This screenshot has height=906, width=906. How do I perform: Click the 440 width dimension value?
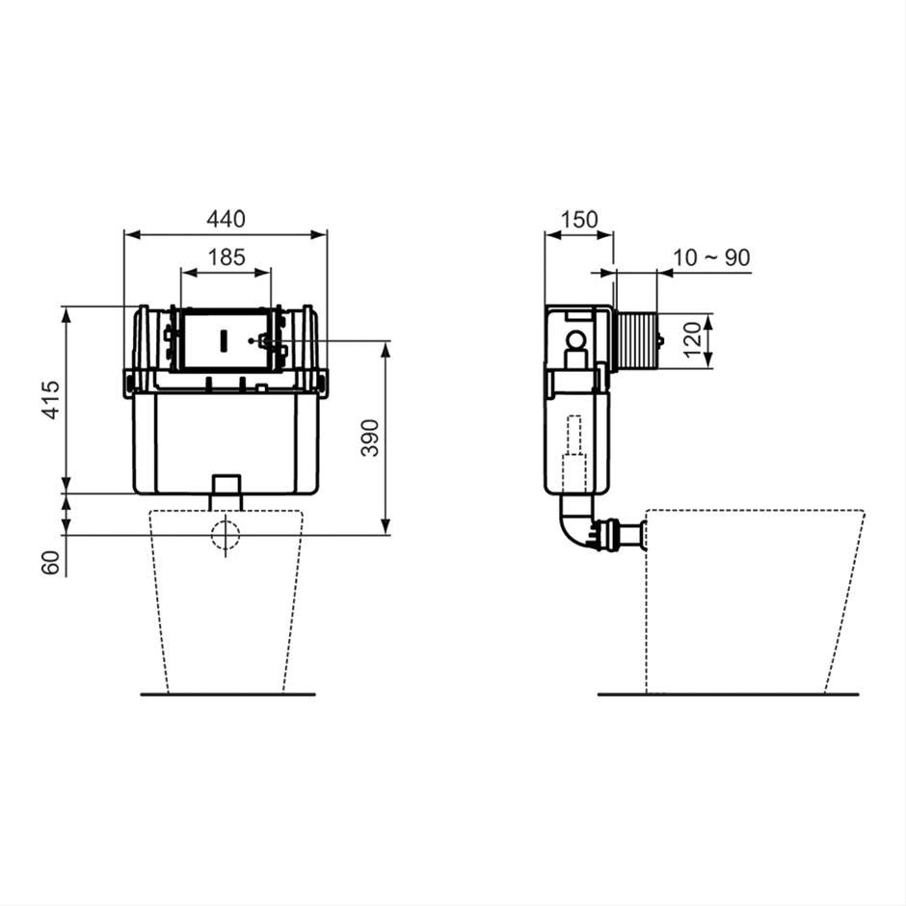coord(226,219)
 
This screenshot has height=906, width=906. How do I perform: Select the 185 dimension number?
coord(226,257)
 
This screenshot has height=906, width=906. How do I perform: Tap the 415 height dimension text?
coord(51,399)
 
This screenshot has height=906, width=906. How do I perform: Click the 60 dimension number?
coord(51,562)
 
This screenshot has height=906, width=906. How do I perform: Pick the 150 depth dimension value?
coord(578,219)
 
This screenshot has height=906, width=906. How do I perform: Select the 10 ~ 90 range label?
coord(711,257)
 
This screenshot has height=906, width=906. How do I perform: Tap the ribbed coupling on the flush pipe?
coord(608,535)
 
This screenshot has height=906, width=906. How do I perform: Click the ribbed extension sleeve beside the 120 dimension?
coord(635,340)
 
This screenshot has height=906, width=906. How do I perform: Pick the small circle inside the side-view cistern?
coord(576,340)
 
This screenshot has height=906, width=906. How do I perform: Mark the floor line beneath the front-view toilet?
coord(227,693)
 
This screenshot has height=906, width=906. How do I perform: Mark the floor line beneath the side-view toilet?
coord(728,693)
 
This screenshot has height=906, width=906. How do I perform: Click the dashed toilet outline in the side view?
coord(752,598)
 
